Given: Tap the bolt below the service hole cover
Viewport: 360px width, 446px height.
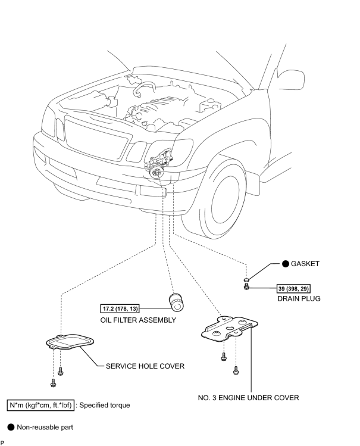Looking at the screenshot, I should [54, 380].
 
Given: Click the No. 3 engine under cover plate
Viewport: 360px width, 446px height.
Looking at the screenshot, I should [230, 330].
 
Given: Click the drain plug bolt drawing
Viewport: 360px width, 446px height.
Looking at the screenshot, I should [246, 289].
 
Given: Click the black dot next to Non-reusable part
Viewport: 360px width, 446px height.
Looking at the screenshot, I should [11, 427].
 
